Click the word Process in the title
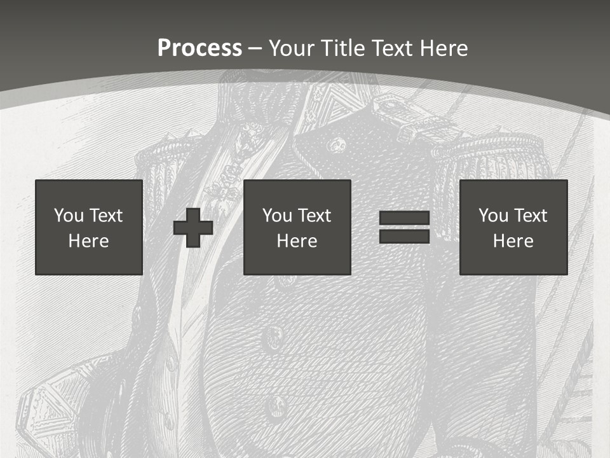pos(200,48)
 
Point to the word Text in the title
pos(392,48)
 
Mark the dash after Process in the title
pos(255,49)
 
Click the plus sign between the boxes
pos(193,228)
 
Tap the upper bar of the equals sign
pos(404,218)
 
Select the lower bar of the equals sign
pos(404,236)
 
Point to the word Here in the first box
pos(89,241)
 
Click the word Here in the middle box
pos(297,241)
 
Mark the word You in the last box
pos(493,216)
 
